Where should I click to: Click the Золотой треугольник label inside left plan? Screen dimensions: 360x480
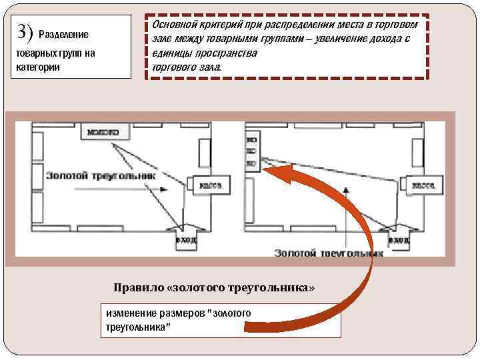click(x=100, y=175)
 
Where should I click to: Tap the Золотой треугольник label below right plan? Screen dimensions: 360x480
click(x=329, y=253)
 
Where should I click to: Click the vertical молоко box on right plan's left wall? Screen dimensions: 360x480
click(x=251, y=152)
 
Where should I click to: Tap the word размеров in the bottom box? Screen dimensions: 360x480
click(x=183, y=313)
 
